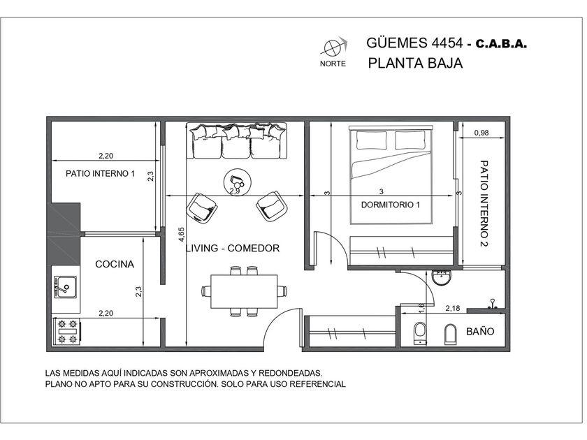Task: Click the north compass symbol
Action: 333,47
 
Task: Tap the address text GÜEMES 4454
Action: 414,43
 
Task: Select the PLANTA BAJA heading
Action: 415,63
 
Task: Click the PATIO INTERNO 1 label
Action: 100,174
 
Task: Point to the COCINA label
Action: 115,264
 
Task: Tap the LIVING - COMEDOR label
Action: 233,248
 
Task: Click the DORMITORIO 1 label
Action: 391,205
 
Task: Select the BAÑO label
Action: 480,331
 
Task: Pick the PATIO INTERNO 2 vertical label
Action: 484,204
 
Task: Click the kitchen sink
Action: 65,287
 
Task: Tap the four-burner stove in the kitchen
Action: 66,332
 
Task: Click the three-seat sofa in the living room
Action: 237,141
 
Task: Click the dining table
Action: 244,291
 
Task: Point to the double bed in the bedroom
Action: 391,175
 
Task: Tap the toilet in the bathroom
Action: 420,333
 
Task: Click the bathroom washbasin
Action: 442,277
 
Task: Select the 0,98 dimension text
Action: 481,133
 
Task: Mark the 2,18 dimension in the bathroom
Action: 453,309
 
